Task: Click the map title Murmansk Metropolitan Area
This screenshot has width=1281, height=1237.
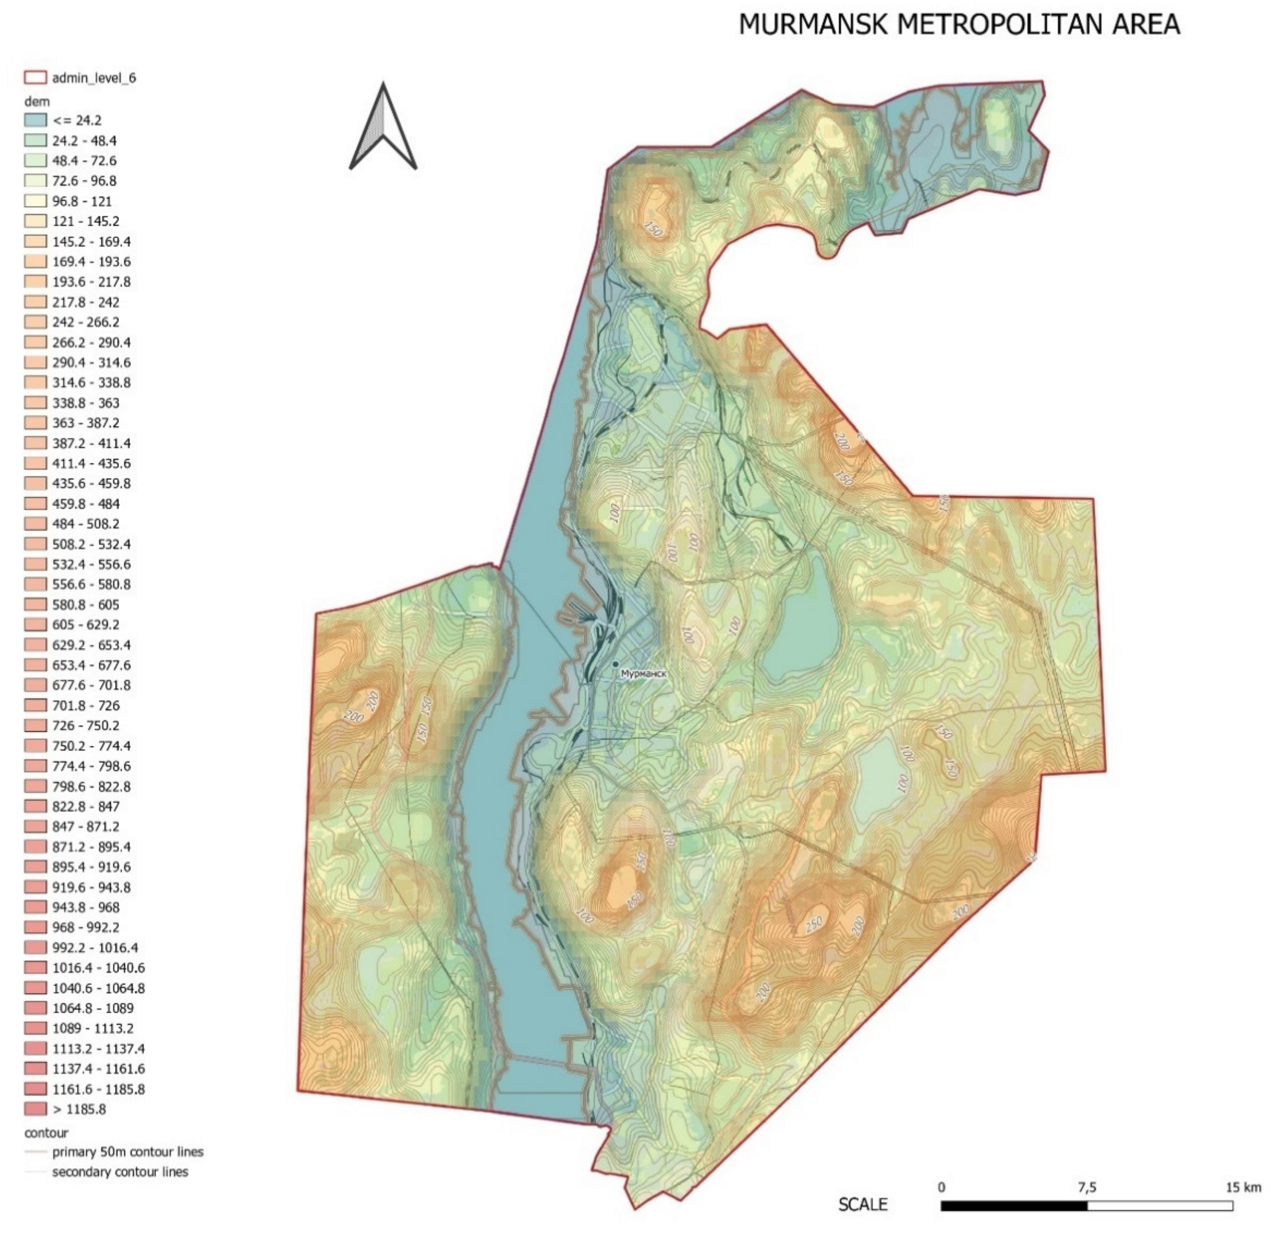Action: pos(959,25)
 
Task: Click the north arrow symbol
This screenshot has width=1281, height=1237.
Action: pos(383,127)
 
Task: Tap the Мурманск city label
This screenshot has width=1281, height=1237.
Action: pos(644,674)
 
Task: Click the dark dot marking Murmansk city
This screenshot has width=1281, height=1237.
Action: pos(615,665)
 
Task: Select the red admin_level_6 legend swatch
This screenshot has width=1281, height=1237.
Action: pos(35,78)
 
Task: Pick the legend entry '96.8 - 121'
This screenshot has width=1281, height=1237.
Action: pos(82,201)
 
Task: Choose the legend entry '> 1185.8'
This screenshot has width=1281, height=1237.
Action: pos(78,1109)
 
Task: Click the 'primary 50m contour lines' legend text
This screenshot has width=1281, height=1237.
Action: pos(127,1152)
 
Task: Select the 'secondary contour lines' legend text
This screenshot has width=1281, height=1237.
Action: pos(119,1171)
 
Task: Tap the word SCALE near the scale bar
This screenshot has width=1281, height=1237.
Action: pos(863,1204)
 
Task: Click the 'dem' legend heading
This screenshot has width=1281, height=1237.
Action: pos(37,101)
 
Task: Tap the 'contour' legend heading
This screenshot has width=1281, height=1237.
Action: pos(46,1132)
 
